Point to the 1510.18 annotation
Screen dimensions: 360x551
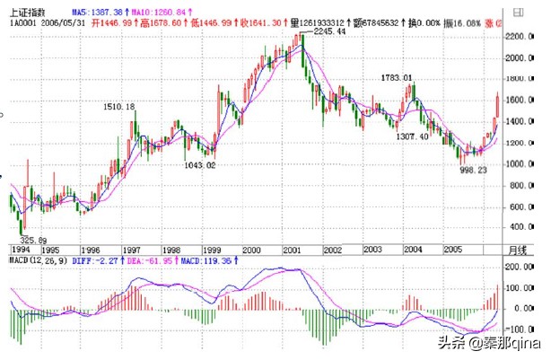(x=119, y=107)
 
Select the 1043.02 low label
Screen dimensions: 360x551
(x=197, y=165)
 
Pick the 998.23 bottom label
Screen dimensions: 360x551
(x=474, y=169)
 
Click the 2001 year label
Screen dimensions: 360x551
(x=291, y=249)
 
